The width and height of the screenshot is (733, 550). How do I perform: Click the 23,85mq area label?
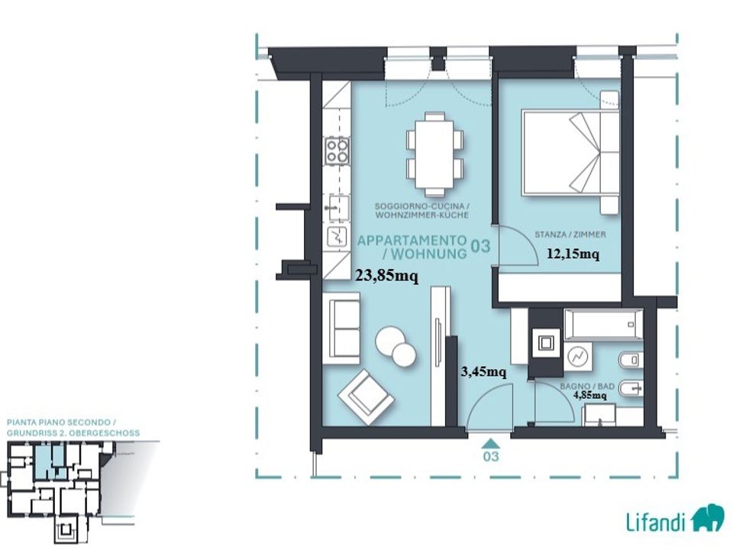tap(387, 276)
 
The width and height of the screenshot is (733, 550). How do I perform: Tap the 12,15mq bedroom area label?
tap(573, 254)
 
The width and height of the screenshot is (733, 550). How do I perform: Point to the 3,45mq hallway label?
tap(484, 372)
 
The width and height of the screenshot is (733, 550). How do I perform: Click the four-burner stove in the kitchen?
tap(337, 150)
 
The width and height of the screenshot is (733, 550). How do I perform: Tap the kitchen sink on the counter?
tap(337, 208)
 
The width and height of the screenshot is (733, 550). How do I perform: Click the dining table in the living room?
tap(434, 154)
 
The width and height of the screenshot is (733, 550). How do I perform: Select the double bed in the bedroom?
tap(570, 153)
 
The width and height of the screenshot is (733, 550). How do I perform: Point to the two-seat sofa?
tap(345, 328)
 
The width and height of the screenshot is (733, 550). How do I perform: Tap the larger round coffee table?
tap(390, 341)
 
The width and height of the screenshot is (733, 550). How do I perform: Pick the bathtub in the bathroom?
tap(603, 324)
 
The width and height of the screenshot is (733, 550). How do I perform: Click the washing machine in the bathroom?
tap(578, 357)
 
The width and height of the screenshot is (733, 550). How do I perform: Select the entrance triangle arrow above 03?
tap(490, 443)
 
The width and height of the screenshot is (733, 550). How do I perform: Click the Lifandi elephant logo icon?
tap(708, 518)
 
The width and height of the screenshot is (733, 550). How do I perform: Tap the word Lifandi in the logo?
tap(656, 521)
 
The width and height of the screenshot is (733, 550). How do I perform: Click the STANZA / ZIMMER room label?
tap(570, 235)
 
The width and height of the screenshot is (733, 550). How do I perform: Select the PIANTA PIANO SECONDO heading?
tap(59, 422)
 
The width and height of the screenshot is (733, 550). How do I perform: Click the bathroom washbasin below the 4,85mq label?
tap(600, 416)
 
